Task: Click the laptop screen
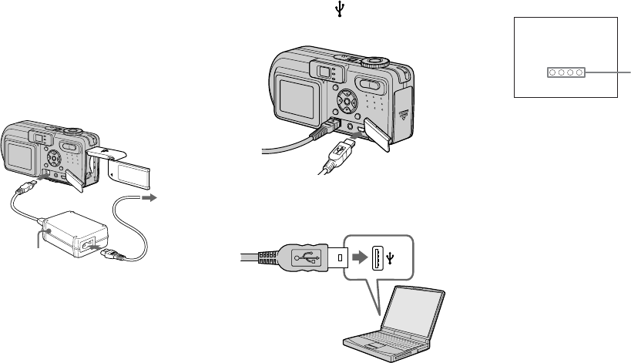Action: point(415,314)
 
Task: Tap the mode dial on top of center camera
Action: point(375,59)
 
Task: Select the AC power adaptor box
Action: point(72,227)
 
